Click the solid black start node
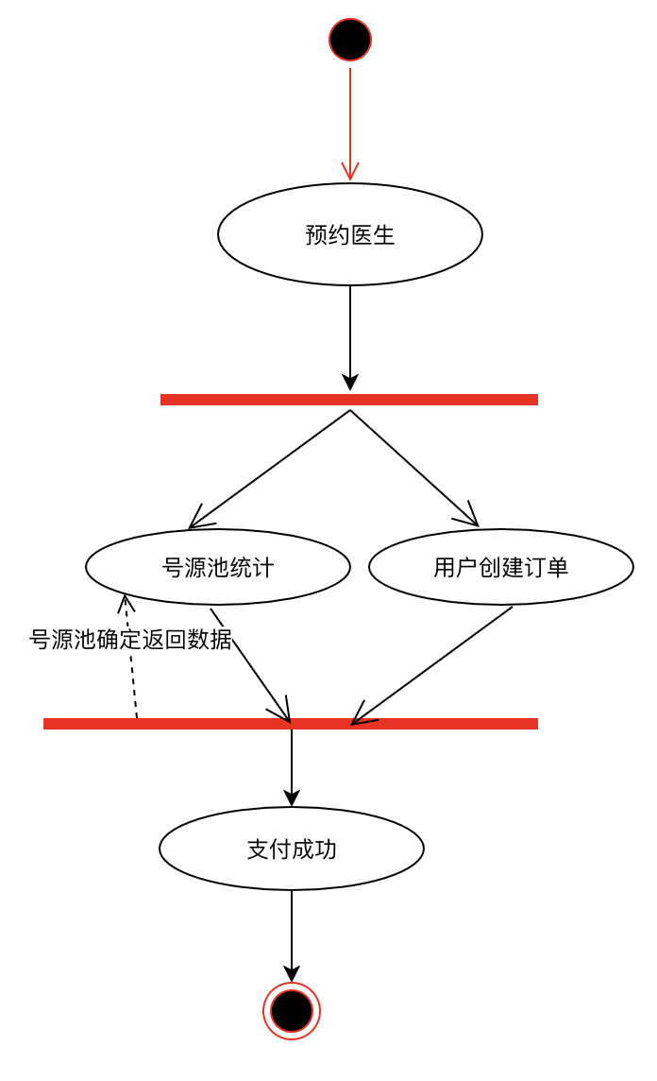click(350, 40)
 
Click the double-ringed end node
click(292, 1011)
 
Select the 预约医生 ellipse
click(350, 234)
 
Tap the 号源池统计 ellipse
click(218, 567)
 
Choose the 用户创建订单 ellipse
click(500, 567)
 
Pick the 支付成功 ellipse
click(292, 849)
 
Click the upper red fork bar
click(349, 400)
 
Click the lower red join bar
click(291, 724)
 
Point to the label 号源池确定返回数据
click(130, 640)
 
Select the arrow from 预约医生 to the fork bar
click(350, 335)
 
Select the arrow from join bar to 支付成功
click(292, 765)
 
